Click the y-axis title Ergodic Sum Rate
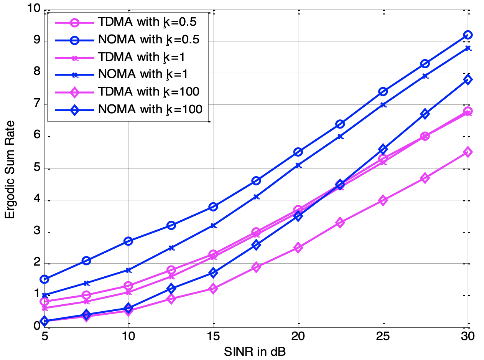click(x=10, y=169)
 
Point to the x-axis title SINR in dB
click(x=255, y=351)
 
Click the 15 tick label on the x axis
click(x=213, y=337)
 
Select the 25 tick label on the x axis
click(x=383, y=337)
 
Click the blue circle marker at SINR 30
click(x=468, y=35)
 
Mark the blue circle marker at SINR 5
click(x=44, y=279)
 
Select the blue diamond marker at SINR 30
click(x=468, y=80)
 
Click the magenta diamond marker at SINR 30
click(x=468, y=152)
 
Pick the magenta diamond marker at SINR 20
click(x=298, y=248)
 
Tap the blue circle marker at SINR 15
click(x=213, y=206)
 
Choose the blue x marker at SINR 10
click(x=128, y=270)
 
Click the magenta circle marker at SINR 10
click(x=128, y=286)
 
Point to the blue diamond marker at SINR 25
click(x=383, y=149)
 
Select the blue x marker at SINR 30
click(x=468, y=48)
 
